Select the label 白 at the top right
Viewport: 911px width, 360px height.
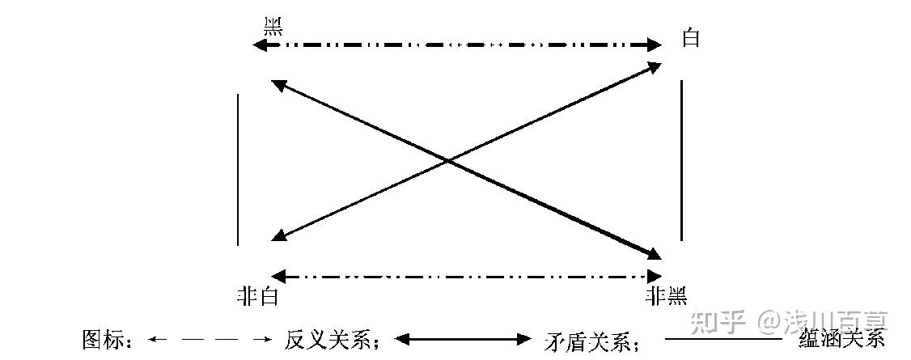click(x=690, y=37)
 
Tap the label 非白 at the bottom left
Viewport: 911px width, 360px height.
click(x=258, y=297)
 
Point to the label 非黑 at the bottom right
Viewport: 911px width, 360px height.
click(x=666, y=297)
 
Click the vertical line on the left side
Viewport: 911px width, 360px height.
click(x=238, y=169)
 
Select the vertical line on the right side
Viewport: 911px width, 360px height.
click(x=682, y=160)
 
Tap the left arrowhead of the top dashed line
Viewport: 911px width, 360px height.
click(x=259, y=46)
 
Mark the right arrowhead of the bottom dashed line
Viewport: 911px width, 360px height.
click(x=655, y=277)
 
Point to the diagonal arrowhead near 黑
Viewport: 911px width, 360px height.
click(x=278, y=83)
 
